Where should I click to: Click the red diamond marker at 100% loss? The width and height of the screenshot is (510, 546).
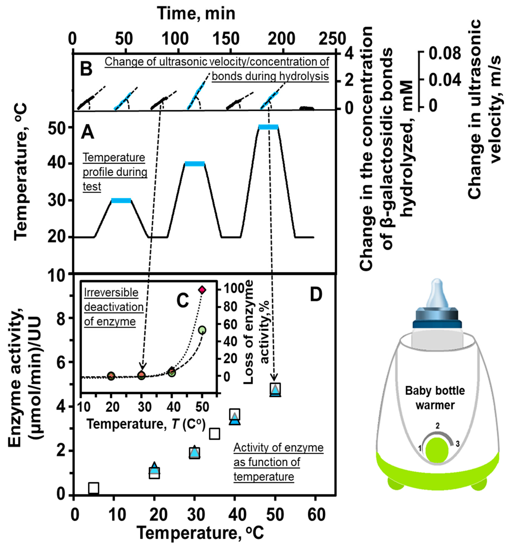(202, 290)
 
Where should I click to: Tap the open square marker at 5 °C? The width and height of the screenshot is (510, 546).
(94, 488)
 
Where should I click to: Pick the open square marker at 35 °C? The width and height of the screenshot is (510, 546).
(215, 434)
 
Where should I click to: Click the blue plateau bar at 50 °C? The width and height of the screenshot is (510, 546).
(268, 127)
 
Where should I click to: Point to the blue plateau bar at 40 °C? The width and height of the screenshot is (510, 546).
(195, 164)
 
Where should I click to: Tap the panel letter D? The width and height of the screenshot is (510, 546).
(316, 295)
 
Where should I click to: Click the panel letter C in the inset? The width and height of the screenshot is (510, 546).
(182, 300)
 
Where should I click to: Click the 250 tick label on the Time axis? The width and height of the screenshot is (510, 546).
(332, 39)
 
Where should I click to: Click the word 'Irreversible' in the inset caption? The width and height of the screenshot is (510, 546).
(111, 292)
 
